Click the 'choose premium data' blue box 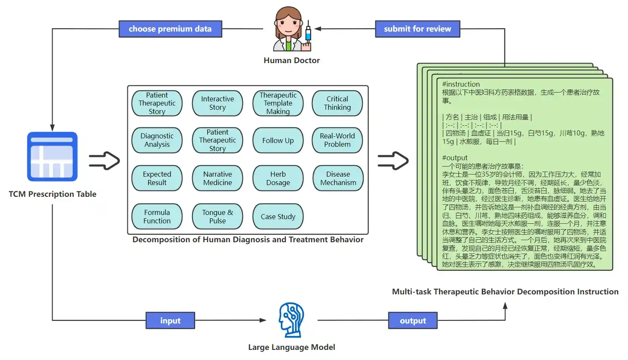click(x=171, y=29)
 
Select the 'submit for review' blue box click(x=417, y=29)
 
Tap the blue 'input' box click(x=170, y=320)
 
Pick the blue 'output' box click(x=413, y=320)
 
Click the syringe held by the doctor click(x=308, y=34)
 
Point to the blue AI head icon click(x=291, y=320)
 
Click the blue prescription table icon click(x=53, y=156)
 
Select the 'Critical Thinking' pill click(x=337, y=103)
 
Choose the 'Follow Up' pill click(x=278, y=140)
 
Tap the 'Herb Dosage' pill click(x=278, y=178)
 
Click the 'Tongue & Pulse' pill click(x=218, y=216)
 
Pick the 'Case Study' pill click(x=278, y=216)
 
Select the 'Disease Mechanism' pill click(x=338, y=178)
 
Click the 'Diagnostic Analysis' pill click(x=157, y=140)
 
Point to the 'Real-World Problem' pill click(x=337, y=140)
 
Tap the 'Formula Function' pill click(x=157, y=216)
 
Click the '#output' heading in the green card click(x=455, y=158)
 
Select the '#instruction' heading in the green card click(x=461, y=84)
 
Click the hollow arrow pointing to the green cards click(x=393, y=161)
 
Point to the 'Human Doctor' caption click(x=292, y=60)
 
